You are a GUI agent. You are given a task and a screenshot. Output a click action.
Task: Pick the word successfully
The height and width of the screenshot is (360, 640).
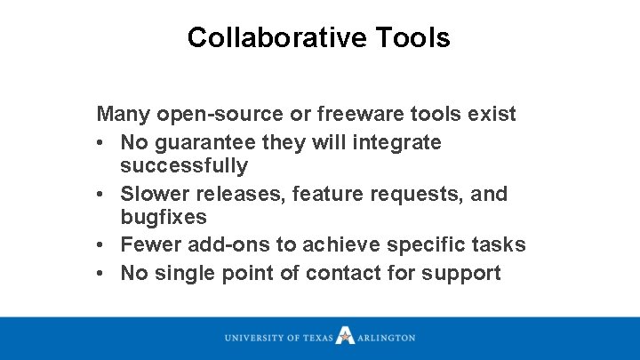tap(184, 166)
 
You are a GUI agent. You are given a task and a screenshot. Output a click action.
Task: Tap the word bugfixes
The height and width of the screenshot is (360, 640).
tap(164, 218)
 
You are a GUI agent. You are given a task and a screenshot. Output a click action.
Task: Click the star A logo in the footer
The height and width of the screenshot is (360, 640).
tap(346, 337)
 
